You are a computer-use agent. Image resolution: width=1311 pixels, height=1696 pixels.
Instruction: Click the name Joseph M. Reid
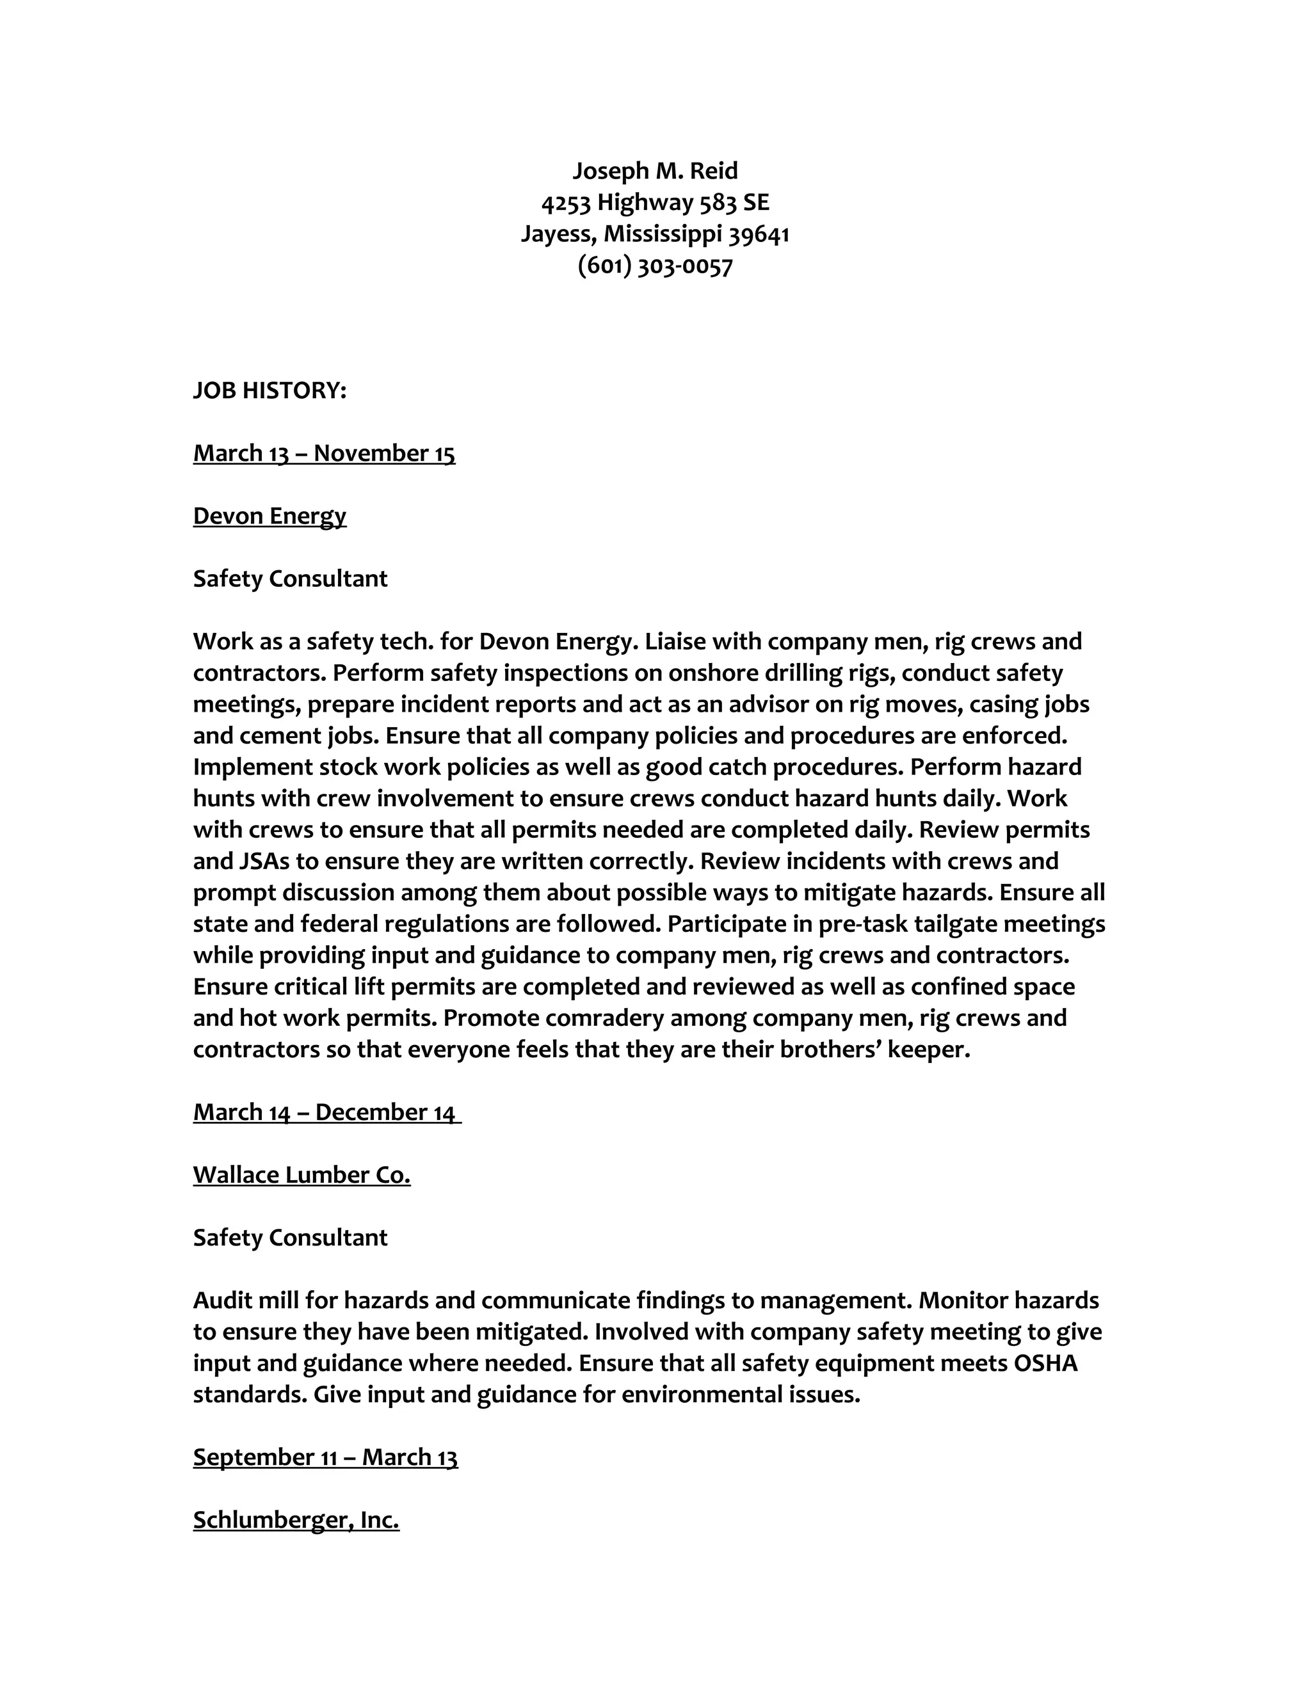coord(655,171)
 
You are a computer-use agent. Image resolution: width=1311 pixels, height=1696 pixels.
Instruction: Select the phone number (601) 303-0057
coord(655,266)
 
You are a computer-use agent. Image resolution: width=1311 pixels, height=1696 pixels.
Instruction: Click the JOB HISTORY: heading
coord(269,390)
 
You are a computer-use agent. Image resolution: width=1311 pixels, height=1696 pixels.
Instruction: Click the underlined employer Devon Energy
coord(269,516)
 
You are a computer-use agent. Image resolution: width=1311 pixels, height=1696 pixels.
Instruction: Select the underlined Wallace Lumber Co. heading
coord(302,1176)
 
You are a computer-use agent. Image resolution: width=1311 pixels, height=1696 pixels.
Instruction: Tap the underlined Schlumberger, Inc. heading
coord(296,1520)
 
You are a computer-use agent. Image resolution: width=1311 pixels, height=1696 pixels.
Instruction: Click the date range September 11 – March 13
coord(325,1457)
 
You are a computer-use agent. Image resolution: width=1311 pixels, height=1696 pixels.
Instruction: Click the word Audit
coord(220,1300)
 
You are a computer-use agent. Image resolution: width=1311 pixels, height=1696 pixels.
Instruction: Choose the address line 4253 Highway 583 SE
coord(655,203)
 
